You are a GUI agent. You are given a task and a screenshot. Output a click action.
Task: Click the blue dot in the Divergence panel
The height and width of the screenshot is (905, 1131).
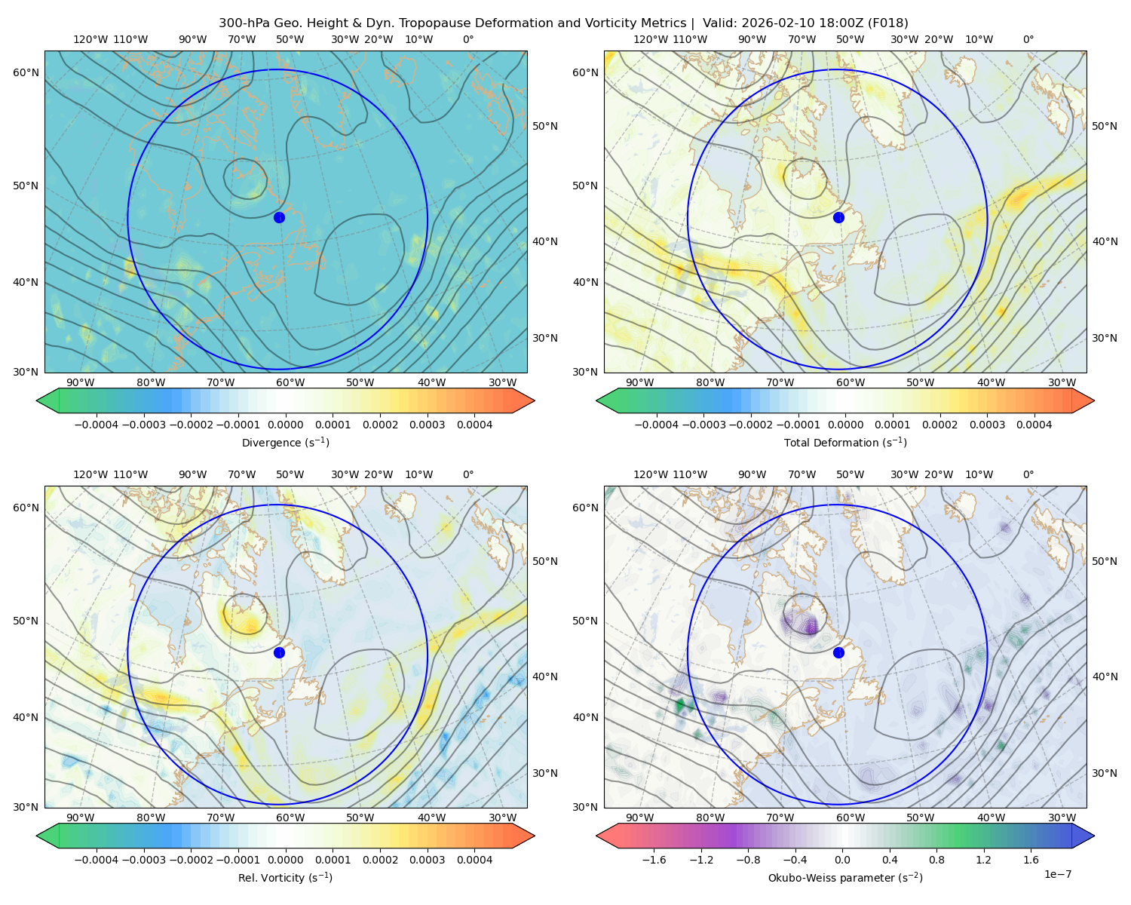point(279,217)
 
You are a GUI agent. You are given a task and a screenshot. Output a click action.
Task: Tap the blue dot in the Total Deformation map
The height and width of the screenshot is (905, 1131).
point(838,217)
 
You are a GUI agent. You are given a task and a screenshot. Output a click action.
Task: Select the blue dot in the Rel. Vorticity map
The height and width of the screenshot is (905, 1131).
point(279,652)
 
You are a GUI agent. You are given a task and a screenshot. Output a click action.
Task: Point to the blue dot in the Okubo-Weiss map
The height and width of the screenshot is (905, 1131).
point(838,652)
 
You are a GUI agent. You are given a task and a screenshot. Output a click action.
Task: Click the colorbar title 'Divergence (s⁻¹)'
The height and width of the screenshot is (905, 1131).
point(285,442)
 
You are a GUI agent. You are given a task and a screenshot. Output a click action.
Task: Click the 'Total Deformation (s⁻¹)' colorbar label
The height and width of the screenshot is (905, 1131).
point(845,442)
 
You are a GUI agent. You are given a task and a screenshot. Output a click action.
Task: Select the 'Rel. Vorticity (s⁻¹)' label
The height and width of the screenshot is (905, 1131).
point(285,877)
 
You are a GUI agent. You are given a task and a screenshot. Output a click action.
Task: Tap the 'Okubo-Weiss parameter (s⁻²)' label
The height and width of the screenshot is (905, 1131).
point(845,877)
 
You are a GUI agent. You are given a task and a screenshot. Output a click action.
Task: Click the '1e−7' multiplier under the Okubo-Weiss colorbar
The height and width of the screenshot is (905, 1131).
point(1057,874)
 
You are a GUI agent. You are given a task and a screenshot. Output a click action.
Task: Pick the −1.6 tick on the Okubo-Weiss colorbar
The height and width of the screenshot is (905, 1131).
point(654,859)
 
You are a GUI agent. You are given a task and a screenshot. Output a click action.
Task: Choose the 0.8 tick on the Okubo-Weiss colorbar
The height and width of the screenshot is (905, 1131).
point(936,859)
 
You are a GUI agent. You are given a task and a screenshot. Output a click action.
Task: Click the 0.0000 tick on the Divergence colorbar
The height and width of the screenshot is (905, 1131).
point(285,425)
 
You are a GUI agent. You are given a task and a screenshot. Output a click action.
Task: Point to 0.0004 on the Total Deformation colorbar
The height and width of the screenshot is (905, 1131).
point(1034,425)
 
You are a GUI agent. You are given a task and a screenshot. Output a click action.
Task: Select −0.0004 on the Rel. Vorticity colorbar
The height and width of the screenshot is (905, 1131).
point(97,859)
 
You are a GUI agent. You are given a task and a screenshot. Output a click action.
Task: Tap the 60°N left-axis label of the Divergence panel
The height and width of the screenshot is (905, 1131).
point(26,72)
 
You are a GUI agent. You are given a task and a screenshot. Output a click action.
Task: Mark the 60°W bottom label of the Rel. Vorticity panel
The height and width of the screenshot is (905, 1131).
point(290,818)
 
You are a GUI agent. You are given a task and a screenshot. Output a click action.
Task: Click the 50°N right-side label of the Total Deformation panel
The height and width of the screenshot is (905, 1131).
point(1104,126)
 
